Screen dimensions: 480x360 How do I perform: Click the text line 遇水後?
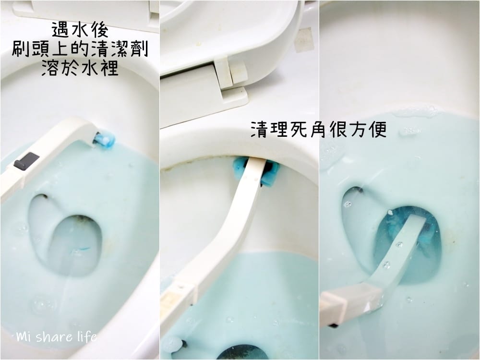coord(80,30)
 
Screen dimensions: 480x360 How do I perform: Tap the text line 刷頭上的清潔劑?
coord(80,49)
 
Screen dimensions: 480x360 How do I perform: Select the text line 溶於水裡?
coord(80,68)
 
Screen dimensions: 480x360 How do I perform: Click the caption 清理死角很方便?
coord(319,130)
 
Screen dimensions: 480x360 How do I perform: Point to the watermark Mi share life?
coord(57,337)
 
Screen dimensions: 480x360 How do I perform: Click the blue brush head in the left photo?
coord(104,139)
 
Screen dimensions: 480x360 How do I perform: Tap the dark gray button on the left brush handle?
coord(27,161)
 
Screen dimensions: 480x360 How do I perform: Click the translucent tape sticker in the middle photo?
coord(304,39)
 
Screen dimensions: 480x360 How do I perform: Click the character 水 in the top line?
coord(80,30)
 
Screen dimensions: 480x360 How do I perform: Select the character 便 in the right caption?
coord(378,130)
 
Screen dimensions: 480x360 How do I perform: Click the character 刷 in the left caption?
coord(21,49)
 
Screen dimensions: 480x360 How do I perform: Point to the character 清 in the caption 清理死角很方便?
coord(260,130)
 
